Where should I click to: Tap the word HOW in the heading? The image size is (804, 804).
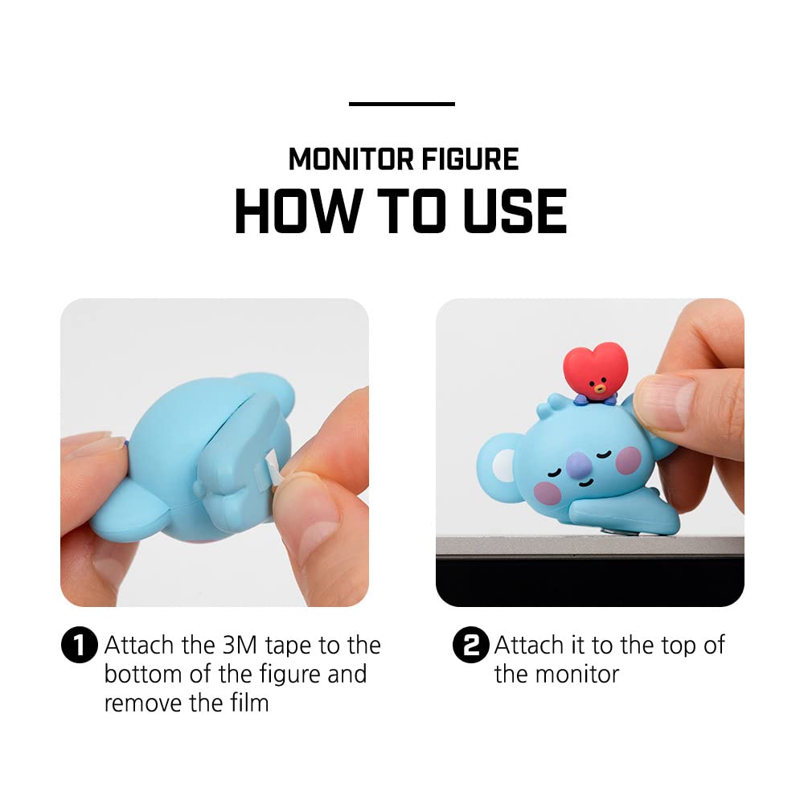point(296,211)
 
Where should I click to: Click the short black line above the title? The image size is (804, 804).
point(402,104)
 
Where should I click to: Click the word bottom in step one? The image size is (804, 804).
point(146,674)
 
